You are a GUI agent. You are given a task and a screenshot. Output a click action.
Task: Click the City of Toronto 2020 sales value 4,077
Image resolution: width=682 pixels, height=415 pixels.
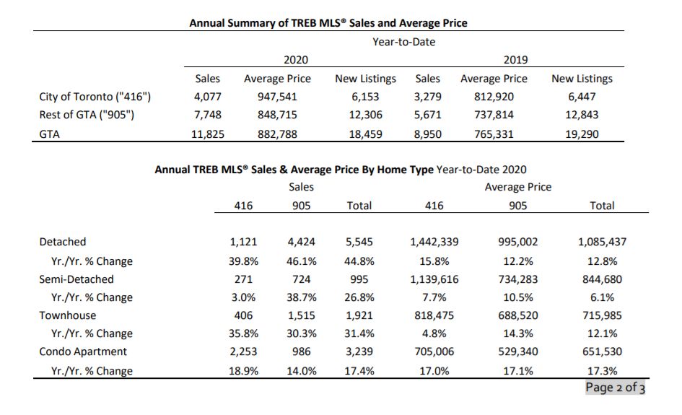pyautogui.click(x=207, y=97)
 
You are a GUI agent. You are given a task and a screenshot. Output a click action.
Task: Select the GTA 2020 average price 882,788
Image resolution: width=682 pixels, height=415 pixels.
pyautogui.click(x=277, y=134)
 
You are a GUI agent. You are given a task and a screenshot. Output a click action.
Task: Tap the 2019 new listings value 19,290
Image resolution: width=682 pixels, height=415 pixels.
pyautogui.click(x=582, y=134)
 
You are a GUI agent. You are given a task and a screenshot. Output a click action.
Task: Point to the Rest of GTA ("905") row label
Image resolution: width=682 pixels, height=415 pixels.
pyautogui.click(x=87, y=115)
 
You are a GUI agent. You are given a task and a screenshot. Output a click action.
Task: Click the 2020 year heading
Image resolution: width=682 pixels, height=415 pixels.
pyautogui.click(x=296, y=60)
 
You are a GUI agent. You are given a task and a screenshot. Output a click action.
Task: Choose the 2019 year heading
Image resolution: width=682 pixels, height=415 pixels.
pyautogui.click(x=515, y=60)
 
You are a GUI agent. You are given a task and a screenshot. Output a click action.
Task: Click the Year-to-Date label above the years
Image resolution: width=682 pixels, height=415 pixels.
pyautogui.click(x=403, y=42)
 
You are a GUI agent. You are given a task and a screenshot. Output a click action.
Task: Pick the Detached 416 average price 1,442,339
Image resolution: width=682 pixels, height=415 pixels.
pyautogui.click(x=434, y=242)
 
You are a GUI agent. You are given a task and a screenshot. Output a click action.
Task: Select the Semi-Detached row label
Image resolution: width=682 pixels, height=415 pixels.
pyautogui.click(x=76, y=279)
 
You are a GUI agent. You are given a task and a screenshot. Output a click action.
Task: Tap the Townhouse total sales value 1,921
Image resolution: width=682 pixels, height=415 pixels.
pyautogui.click(x=359, y=315)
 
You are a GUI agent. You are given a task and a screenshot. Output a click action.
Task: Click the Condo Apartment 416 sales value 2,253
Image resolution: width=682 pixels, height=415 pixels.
pyautogui.click(x=243, y=351)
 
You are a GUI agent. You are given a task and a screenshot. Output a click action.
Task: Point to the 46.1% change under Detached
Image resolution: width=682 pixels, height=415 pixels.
pyautogui.click(x=302, y=261)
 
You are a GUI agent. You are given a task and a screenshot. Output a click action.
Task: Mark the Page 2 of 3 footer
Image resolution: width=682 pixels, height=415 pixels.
pyautogui.click(x=615, y=387)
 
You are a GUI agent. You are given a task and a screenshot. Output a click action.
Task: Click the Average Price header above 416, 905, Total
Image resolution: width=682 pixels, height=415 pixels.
pyautogui.click(x=518, y=187)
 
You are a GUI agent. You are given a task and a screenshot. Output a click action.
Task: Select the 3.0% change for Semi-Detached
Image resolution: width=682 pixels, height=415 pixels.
pyautogui.click(x=243, y=297)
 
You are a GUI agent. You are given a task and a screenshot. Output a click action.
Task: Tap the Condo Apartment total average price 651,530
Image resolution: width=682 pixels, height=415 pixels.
pyautogui.click(x=602, y=351)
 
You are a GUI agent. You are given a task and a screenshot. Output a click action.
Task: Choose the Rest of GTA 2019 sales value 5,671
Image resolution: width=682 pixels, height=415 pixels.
pyautogui.click(x=427, y=115)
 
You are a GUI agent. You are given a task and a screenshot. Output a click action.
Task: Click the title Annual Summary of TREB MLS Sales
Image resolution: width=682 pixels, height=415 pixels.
pyautogui.click(x=328, y=23)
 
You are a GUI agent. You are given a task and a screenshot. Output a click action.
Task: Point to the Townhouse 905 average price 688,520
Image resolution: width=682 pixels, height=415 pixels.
pyautogui.click(x=518, y=315)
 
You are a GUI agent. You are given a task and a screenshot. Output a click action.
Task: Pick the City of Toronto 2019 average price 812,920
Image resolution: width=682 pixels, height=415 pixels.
pyautogui.click(x=494, y=97)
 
